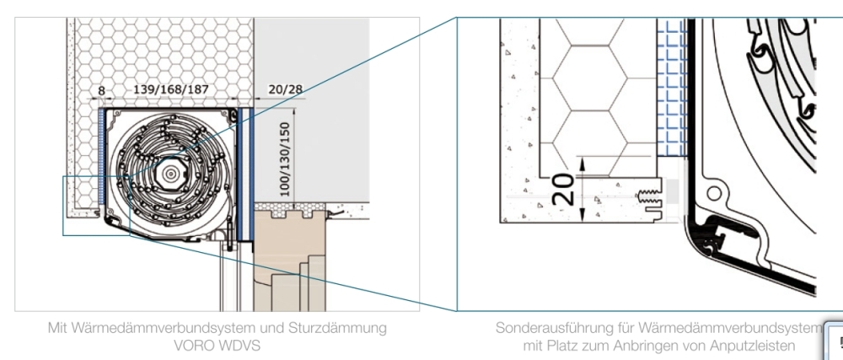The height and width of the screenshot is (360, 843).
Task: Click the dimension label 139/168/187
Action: tap(171, 89)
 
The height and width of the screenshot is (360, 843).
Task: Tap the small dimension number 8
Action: tap(102, 91)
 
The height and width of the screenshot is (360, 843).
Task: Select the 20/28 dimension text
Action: tap(286, 89)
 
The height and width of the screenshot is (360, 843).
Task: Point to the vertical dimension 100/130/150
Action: tap(284, 159)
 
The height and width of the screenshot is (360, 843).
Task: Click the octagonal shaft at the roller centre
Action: tap(171, 174)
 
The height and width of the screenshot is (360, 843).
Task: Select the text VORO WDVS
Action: tap(217, 345)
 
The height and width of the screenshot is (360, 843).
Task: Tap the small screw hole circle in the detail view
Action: tap(713, 193)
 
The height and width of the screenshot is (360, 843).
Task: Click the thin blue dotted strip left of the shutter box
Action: tap(101, 156)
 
